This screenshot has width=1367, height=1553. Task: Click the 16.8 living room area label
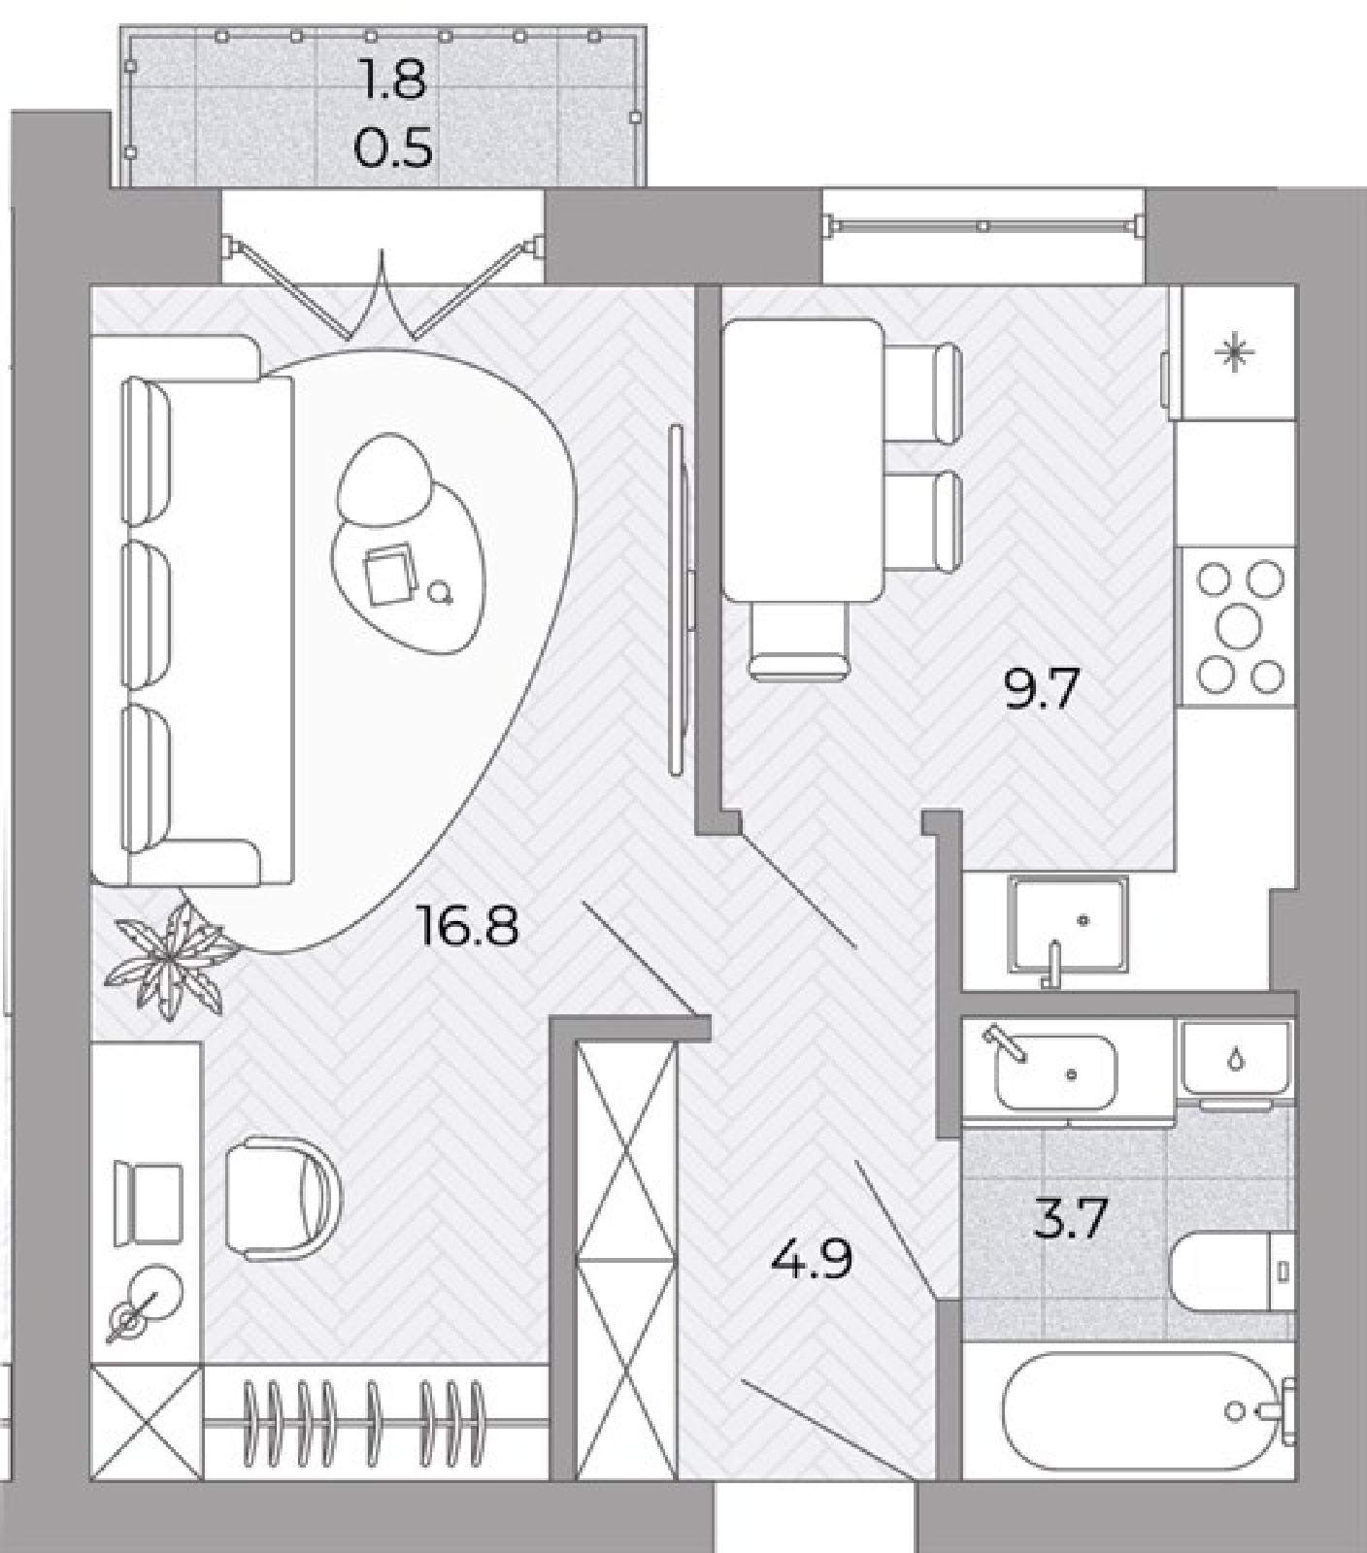pos(466,925)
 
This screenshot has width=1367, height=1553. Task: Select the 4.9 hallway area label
pos(812,1260)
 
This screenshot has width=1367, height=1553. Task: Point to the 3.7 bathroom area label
pos(1071,1219)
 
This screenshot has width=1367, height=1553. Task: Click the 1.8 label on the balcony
pos(393,80)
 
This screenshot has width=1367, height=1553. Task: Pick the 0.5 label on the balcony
pos(393,149)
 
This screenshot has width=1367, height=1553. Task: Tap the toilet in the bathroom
pos(1232,1271)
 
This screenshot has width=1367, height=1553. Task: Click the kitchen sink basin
pos(1068,923)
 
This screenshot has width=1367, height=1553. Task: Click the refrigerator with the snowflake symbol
pos(1234,352)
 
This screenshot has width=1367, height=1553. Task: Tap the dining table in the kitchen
pos(803,460)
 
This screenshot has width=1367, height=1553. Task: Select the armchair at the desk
pos(283,1198)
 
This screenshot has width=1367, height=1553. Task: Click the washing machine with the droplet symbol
pos(1235,1062)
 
